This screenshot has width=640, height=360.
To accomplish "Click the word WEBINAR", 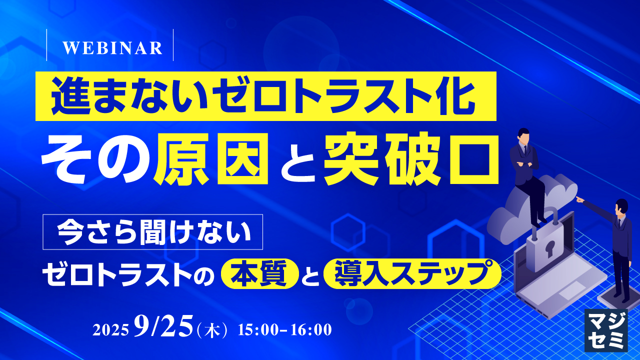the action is click(x=112, y=48).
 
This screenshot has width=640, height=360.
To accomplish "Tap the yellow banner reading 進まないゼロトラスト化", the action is click(x=265, y=96).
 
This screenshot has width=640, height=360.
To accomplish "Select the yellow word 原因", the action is click(x=211, y=159).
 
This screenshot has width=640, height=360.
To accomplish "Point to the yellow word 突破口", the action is click(x=411, y=159).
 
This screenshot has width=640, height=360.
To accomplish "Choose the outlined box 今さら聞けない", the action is click(x=153, y=232).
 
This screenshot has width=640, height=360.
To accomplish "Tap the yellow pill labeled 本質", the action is click(x=260, y=273).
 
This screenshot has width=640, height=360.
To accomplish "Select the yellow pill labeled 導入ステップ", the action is click(x=412, y=273).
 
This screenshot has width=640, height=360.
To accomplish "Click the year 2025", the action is click(x=110, y=330).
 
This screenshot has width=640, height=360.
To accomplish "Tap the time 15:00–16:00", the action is click(x=285, y=330).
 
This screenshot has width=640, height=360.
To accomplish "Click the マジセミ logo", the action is click(x=606, y=330).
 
